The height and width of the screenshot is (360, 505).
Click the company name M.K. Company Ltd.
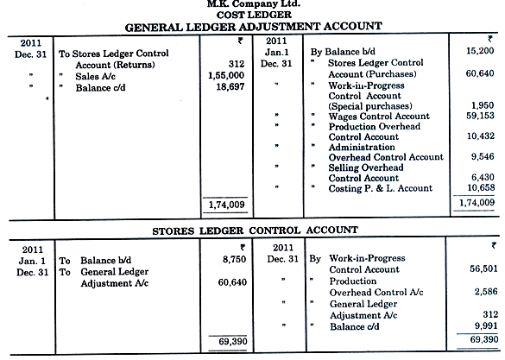[253, 4]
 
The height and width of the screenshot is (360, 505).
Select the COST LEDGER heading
[253, 15]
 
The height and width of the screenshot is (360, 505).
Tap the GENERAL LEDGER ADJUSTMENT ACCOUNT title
[253, 27]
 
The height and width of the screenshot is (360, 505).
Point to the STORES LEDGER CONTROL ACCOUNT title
[253, 231]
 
